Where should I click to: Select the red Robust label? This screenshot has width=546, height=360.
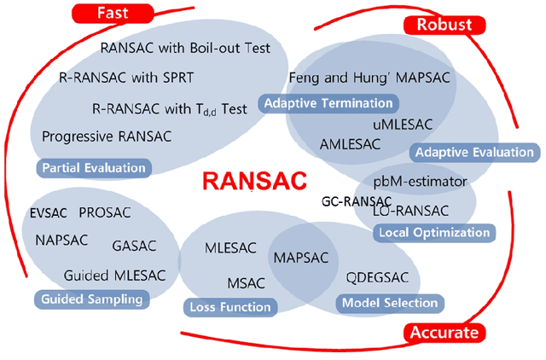tap(444, 25)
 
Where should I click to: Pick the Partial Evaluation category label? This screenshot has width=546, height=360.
tap(91, 168)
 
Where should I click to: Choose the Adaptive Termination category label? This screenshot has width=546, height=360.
tap(329, 103)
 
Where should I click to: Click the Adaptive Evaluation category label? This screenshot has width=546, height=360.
tap(473, 153)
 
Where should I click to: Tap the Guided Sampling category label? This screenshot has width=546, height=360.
tap(90, 299)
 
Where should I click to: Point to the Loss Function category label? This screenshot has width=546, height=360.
tap(228, 306)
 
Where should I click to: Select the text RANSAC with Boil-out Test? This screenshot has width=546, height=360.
tap(185, 48)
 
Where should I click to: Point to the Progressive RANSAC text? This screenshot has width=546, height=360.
tap(107, 136)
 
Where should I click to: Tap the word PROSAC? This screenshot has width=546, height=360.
tap(104, 212)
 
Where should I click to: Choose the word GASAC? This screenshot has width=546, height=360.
tap(135, 246)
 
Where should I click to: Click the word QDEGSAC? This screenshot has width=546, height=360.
tap(378, 278)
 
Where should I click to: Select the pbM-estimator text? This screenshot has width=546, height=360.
tap(420, 182)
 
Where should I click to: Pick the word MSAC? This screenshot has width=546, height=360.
tap(247, 282)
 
